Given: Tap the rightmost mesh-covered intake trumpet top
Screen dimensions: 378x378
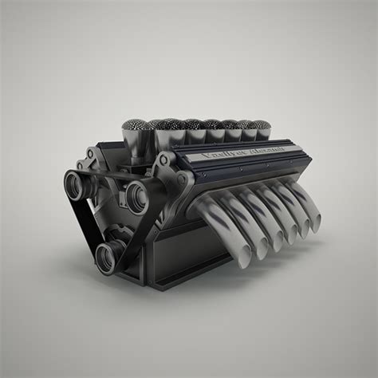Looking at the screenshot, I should [x=262, y=125].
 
